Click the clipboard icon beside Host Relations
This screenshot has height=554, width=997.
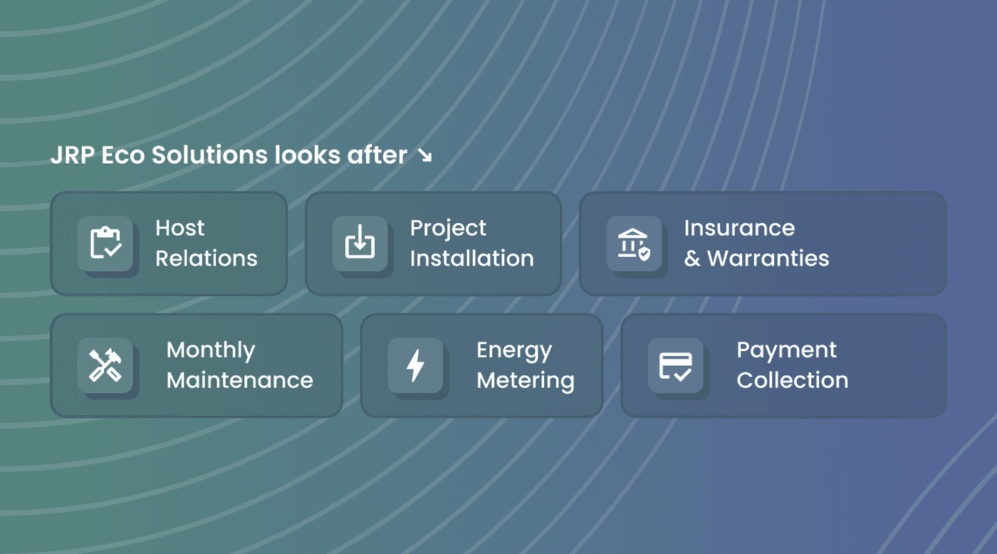105,243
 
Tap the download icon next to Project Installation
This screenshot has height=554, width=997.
360,241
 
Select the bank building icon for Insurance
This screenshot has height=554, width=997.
634,244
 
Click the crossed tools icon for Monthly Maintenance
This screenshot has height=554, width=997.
105,365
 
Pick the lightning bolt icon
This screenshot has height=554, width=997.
415,365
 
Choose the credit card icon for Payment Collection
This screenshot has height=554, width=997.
676,367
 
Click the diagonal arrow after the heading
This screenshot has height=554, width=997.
425,155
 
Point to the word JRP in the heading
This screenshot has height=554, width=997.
73,155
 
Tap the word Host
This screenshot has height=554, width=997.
179,228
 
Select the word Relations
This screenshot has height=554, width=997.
207,258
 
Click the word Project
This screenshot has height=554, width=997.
448,229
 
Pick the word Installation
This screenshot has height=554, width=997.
471,258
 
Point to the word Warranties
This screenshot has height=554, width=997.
768,258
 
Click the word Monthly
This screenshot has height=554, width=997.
211,351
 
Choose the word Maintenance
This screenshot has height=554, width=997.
240,380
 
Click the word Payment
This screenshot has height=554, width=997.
787,351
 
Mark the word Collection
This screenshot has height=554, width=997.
793,380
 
